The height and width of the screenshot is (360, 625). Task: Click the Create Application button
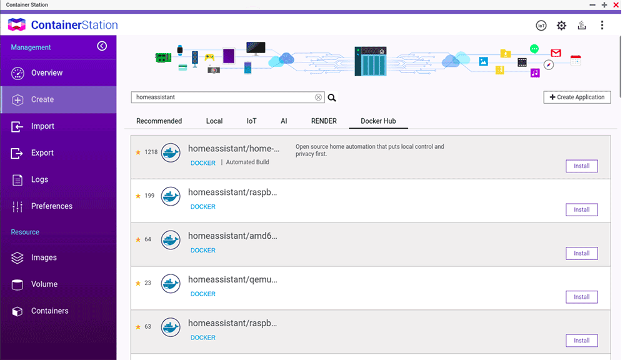pyautogui.click(x=577, y=97)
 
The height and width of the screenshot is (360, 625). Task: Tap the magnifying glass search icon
pyautogui.click(x=332, y=97)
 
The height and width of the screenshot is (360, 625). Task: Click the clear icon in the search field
pyautogui.click(x=318, y=97)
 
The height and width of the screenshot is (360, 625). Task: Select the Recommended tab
pyautogui.click(x=159, y=121)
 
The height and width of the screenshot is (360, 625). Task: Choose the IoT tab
pyautogui.click(x=251, y=121)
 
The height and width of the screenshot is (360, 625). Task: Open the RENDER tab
pyautogui.click(x=324, y=121)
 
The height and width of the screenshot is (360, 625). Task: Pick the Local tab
pyautogui.click(x=214, y=121)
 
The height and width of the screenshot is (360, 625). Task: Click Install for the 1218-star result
pyautogui.click(x=581, y=166)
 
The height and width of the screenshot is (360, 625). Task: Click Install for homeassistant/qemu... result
pyautogui.click(x=581, y=297)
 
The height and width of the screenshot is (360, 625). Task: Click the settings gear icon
pyautogui.click(x=561, y=26)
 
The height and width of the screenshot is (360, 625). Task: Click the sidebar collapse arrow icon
pyautogui.click(x=102, y=46)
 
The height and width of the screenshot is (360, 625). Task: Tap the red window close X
pyautogui.click(x=616, y=5)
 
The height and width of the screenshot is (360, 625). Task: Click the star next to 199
pyautogui.click(x=138, y=196)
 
